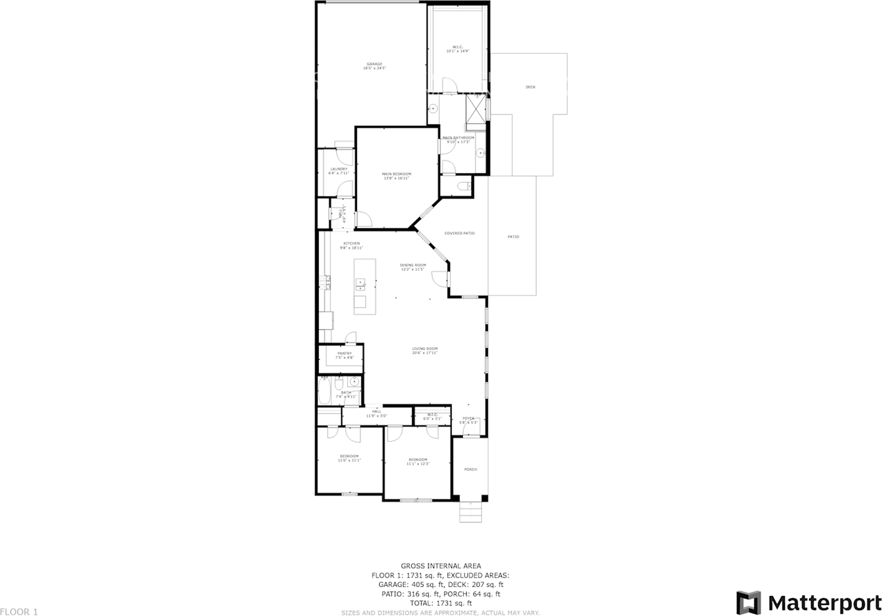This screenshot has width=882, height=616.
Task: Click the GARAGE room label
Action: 374,64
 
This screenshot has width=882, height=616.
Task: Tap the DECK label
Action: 530,87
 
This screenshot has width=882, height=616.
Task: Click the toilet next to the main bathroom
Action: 464,186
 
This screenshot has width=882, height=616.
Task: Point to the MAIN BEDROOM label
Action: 396,174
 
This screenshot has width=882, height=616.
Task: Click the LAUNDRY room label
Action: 338,169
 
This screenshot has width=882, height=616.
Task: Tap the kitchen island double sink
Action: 360,283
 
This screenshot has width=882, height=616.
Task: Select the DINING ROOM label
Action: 413,265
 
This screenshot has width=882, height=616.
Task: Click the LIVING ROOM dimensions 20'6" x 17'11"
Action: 425,353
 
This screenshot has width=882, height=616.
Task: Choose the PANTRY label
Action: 345,353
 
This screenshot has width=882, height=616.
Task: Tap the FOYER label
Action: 468,418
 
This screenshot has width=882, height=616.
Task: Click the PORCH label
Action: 471,469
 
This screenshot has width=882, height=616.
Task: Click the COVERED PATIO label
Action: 459,234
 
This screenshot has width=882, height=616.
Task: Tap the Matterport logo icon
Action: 748,602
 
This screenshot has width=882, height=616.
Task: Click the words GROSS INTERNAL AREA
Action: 441,565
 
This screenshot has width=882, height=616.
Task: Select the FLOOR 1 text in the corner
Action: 19,611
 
